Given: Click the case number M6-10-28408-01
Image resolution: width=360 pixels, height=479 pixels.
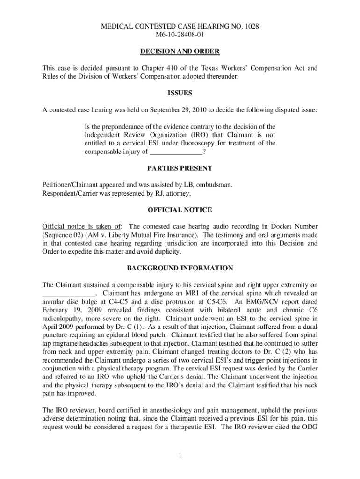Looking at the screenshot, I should click(x=180, y=35).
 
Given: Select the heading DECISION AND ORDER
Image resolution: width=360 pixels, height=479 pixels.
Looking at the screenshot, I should click(x=180, y=51).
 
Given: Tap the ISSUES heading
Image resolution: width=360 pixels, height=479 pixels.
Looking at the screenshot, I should click(x=180, y=93).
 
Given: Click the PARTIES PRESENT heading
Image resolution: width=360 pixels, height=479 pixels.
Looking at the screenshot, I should click(x=180, y=168).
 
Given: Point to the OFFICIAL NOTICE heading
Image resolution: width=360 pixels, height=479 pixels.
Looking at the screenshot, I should click(x=180, y=210).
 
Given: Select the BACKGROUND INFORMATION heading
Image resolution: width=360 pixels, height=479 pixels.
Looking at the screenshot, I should click(x=180, y=268).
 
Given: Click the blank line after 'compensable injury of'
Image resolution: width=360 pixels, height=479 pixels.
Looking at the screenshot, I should click(x=176, y=152).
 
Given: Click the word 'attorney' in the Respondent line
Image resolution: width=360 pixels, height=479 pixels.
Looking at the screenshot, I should click(x=178, y=193).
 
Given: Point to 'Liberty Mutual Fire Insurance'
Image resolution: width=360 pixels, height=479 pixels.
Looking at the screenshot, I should click(x=167, y=235).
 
